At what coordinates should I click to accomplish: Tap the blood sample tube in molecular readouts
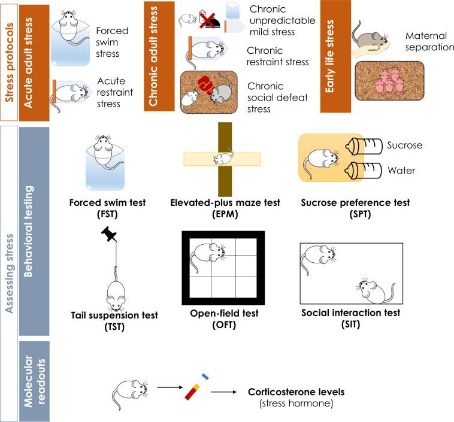point(198,388)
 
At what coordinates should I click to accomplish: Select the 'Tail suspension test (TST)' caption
point(114,320)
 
